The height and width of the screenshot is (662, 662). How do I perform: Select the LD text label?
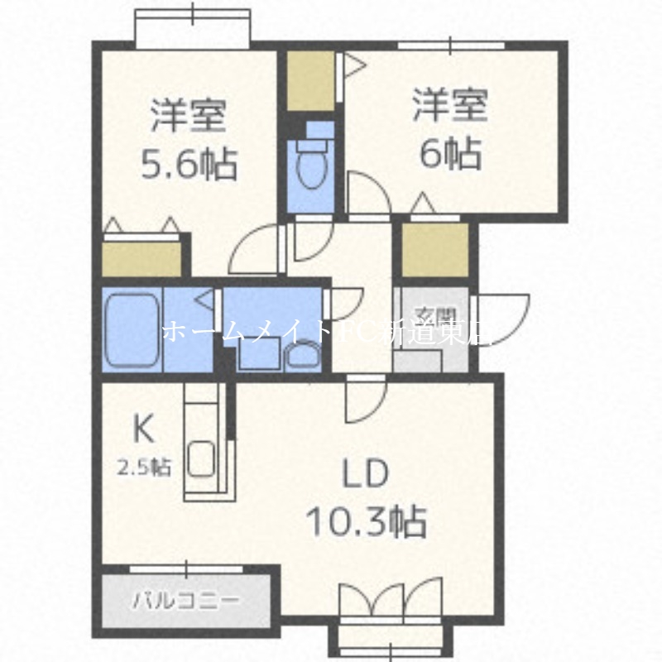point(365,475)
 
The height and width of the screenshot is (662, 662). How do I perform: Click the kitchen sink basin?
point(202,457)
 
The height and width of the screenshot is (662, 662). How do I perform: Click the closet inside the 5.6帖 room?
point(141,258)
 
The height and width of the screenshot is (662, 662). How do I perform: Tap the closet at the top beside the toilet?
point(310,80)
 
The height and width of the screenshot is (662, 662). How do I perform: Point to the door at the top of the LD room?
point(364,396)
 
